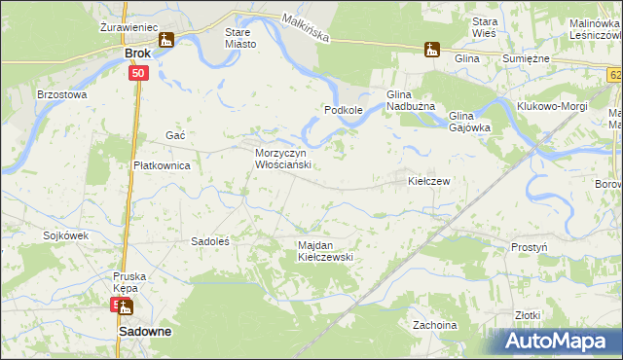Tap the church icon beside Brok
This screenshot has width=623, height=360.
tap(166, 40)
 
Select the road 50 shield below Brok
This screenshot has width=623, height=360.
tap(138, 73)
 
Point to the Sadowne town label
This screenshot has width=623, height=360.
tap(145, 331)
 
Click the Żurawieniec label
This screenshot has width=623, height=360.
tap(128, 27)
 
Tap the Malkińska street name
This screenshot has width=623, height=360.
tap(305, 27)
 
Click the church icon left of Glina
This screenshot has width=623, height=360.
tap(432, 49)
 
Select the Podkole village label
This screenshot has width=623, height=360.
tap(344, 110)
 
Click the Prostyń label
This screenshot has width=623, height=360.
tap(529, 247)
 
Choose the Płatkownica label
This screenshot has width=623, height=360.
tap(162, 165)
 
